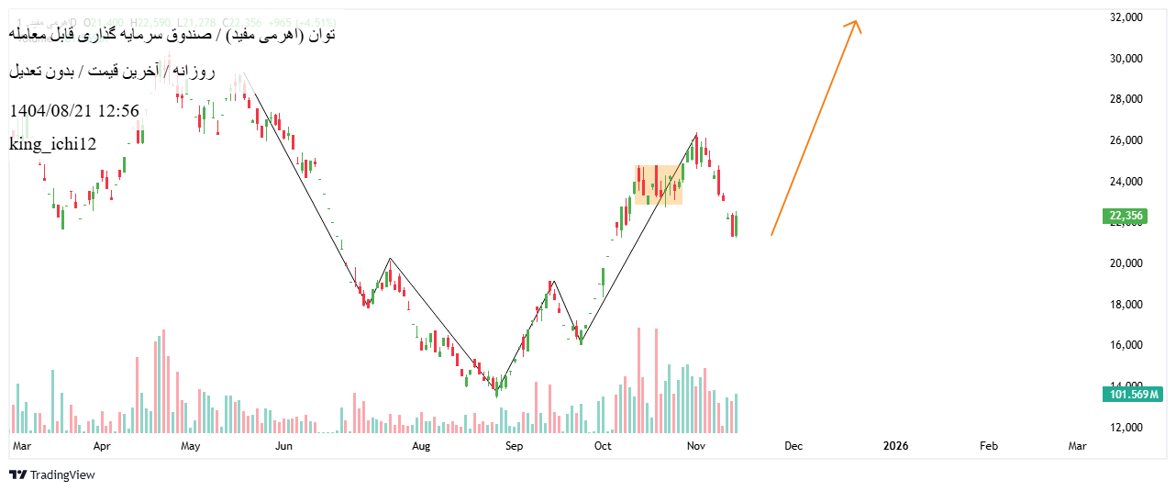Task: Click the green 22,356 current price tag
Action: [x=1126, y=217]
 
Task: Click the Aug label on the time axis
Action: [x=421, y=446]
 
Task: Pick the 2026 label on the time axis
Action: [x=895, y=446]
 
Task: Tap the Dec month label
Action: [x=793, y=446]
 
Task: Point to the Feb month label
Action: [x=989, y=446]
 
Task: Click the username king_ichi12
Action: [x=52, y=144]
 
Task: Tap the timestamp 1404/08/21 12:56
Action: [x=74, y=111]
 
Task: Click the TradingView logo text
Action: [x=61, y=475]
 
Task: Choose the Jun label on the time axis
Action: [x=283, y=446]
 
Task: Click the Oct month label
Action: [x=603, y=446]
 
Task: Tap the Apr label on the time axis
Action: [x=102, y=446]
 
